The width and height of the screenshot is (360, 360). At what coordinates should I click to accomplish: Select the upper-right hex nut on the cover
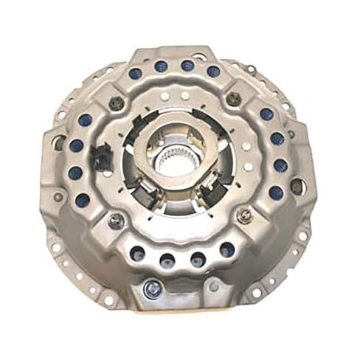pos(234,102)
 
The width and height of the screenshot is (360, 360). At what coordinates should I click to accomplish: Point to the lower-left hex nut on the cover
pos(116,221)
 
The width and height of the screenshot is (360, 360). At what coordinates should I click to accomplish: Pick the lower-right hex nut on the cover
pos(246,215)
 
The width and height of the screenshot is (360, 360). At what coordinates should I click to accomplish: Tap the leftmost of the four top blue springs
pos(135,74)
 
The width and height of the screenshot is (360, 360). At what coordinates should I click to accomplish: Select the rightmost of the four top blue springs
pos(213,72)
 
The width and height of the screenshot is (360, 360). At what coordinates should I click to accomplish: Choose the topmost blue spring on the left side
pos(84,120)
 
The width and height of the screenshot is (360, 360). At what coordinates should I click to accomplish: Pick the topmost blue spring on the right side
pos(266,114)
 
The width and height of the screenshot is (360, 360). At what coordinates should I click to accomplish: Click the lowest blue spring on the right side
pos(276,193)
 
